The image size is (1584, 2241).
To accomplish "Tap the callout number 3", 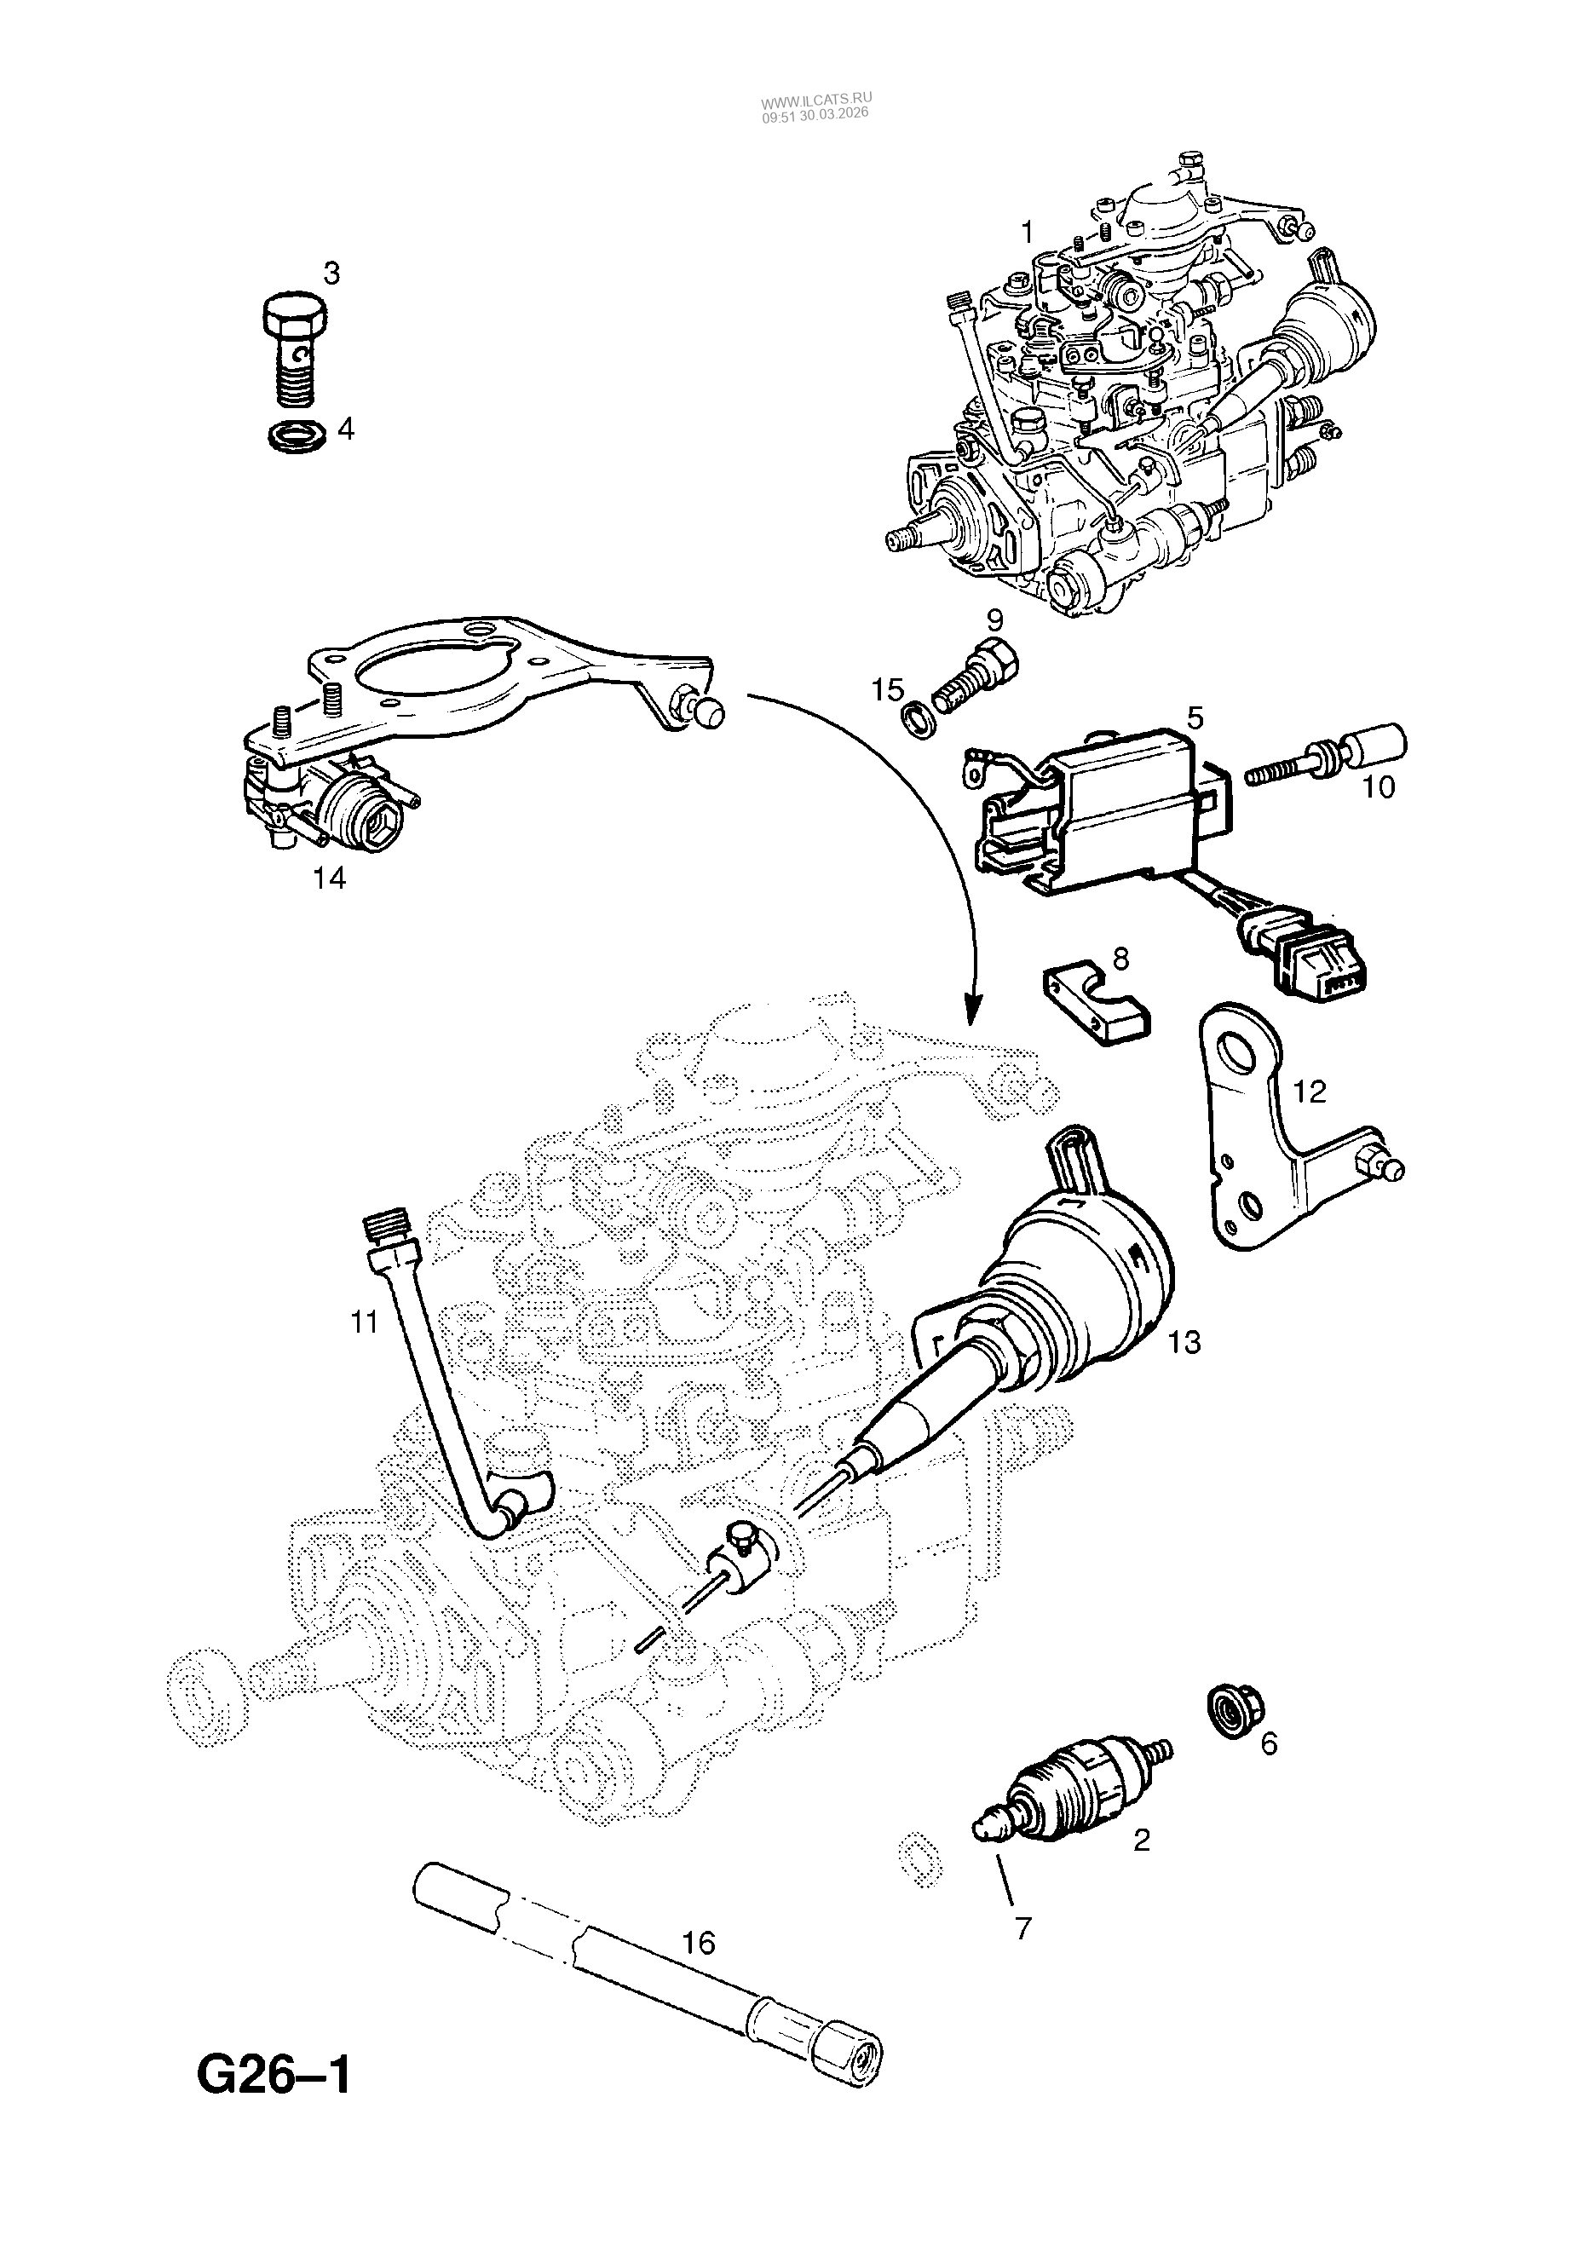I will point(331,274).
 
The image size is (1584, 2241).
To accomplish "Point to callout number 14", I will point(330,879).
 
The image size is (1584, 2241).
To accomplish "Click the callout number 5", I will point(1195,718).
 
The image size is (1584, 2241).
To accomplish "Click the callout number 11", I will point(363,1323).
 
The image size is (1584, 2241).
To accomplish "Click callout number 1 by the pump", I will point(1026,233).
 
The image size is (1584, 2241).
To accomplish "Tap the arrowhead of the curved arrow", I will point(971,1015).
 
